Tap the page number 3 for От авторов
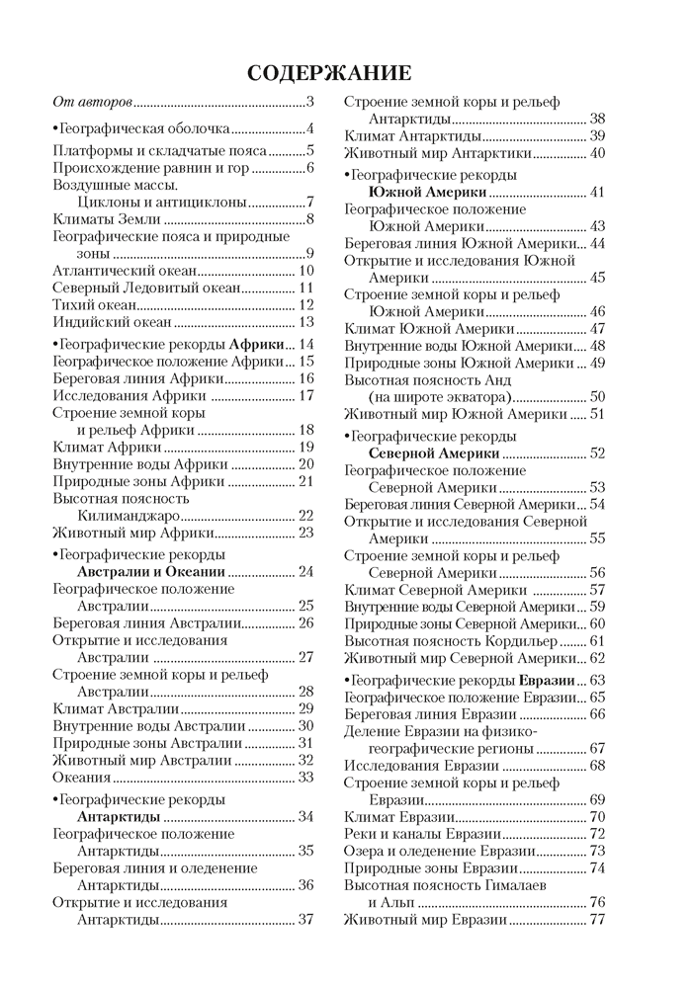click(x=309, y=101)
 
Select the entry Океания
click(x=80, y=777)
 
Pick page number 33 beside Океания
click(x=305, y=777)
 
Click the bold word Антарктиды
click(x=120, y=816)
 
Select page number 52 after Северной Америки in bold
click(x=597, y=453)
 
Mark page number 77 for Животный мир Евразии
click(x=597, y=919)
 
